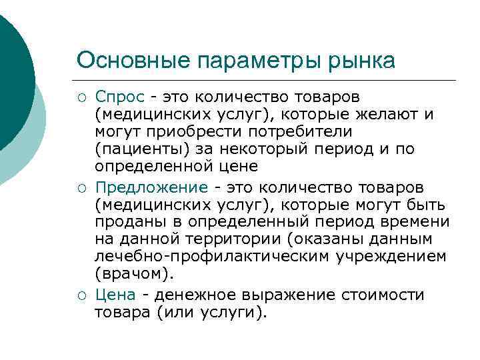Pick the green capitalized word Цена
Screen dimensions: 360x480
[x=115, y=295]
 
